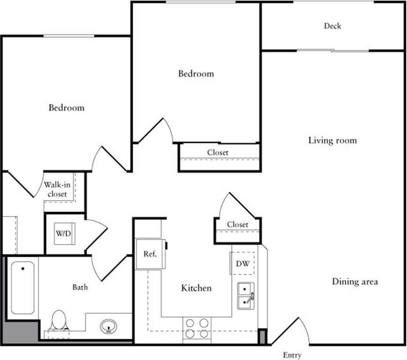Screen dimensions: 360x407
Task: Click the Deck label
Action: [332, 26]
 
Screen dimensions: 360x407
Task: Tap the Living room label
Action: [332, 140]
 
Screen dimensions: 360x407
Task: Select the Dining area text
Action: [355, 282]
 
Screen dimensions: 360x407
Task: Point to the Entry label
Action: [292, 355]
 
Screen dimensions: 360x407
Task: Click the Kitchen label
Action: [196, 288]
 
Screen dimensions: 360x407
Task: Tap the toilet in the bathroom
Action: [59, 321]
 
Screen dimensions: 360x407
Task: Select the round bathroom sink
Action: [109, 325]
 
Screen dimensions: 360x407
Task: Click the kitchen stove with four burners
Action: [197, 328]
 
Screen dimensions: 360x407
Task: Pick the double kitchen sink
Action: [245, 296]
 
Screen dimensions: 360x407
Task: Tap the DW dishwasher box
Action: [242, 263]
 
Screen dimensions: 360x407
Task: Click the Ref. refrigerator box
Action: [150, 254]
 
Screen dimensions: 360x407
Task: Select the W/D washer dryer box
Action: [64, 233]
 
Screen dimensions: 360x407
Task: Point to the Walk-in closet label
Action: [56, 189]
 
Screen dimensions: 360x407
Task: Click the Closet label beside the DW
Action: [237, 225]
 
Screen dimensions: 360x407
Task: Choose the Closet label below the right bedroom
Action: [218, 152]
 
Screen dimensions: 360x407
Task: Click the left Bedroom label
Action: [67, 107]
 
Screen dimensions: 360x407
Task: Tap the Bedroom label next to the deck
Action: [196, 74]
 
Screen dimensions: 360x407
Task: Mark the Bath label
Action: [80, 287]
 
